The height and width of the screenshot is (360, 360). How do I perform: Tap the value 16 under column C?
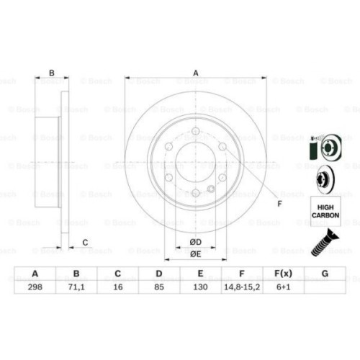pos(118,286)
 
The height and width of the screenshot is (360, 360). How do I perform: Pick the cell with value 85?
pos(160,286)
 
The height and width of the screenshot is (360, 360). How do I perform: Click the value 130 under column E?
pos(201,286)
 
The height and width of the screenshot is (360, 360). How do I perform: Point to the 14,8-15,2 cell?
pos(243,286)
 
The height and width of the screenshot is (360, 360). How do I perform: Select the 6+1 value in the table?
pos(284,286)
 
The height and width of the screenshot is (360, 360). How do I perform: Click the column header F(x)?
pos(284,274)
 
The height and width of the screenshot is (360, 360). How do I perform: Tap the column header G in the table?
pos(325,274)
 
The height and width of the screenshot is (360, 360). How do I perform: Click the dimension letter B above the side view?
pos(50,72)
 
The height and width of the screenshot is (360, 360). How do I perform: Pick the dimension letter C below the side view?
pos(84,242)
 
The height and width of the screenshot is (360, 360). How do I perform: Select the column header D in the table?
pos(160,274)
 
